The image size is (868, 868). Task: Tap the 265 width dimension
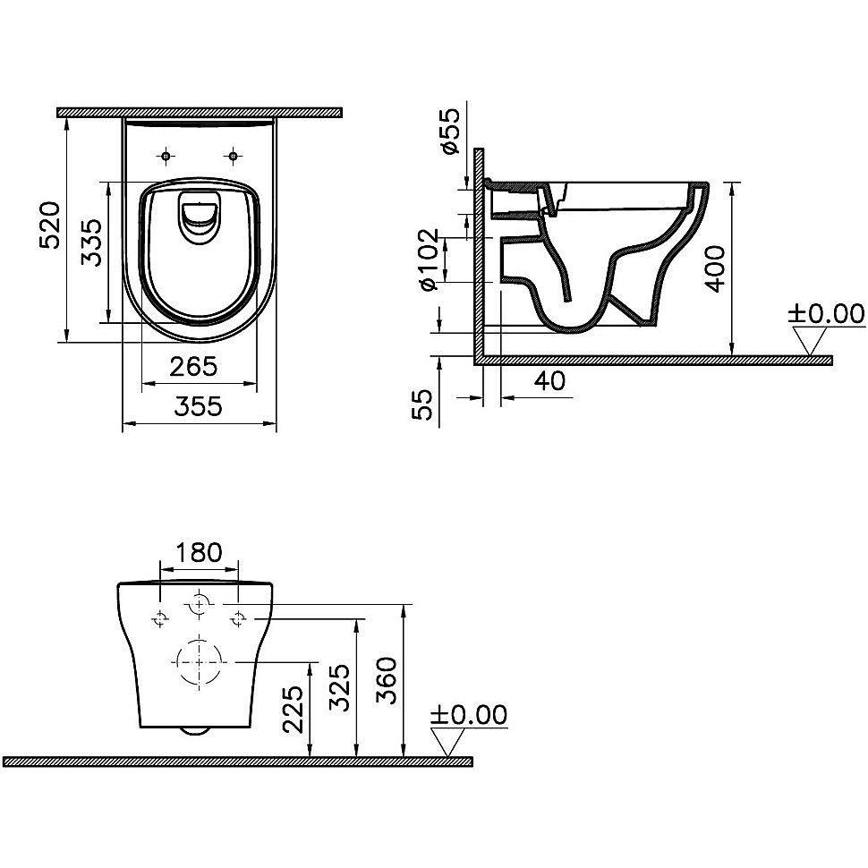193,365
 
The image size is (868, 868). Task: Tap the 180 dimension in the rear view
198,552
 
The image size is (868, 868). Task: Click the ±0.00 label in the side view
826,313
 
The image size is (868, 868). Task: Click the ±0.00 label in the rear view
468,714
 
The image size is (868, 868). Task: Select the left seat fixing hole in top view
166,157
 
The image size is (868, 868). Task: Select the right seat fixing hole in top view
234,157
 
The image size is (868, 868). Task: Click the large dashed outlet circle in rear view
198,662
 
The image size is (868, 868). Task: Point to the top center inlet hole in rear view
199,605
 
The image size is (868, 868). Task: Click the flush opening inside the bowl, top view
199,217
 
